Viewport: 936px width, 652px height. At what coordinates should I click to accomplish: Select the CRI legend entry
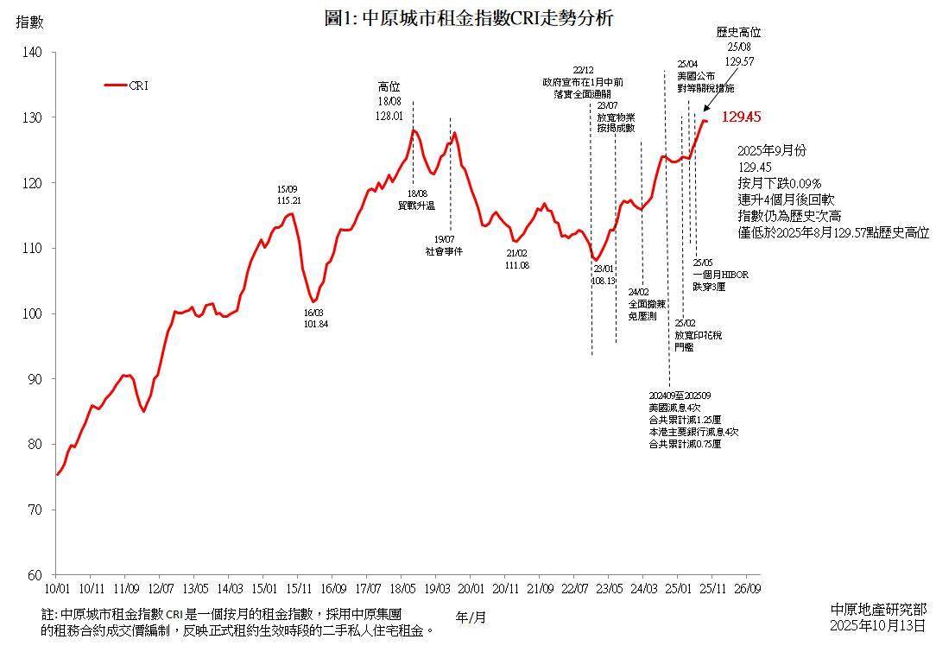pyautogui.click(x=126, y=85)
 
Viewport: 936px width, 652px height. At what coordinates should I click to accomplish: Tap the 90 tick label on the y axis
pyautogui.click(x=35, y=379)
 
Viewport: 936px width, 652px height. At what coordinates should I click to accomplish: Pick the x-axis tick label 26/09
pyautogui.click(x=747, y=589)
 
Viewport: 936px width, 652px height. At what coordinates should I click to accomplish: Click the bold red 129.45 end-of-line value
pyautogui.click(x=741, y=117)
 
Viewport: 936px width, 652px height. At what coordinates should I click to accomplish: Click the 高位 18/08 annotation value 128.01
pyautogui.click(x=390, y=115)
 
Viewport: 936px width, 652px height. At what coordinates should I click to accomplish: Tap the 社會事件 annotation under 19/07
pyautogui.click(x=444, y=250)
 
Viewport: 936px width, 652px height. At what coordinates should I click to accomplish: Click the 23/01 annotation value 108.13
pyautogui.click(x=604, y=281)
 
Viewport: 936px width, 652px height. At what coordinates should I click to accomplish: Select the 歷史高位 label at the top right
pyautogui.click(x=739, y=33)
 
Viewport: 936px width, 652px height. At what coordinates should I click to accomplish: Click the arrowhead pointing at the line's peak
pyautogui.click(x=704, y=110)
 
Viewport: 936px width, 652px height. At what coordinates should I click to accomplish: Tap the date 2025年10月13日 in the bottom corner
pyautogui.click(x=877, y=624)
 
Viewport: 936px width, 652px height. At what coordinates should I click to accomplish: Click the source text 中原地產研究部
pyautogui.click(x=877, y=610)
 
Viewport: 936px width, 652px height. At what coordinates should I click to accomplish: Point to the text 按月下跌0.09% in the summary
pyautogui.click(x=780, y=182)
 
